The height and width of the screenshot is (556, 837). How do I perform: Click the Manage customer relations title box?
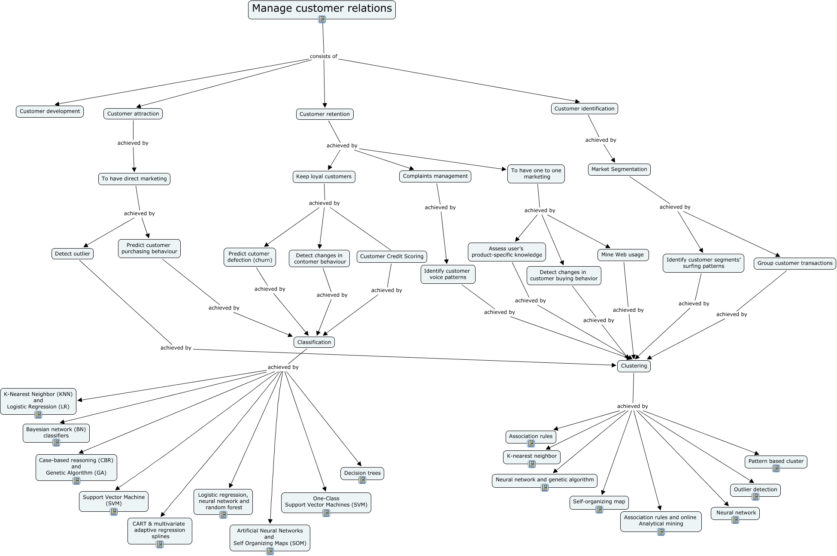click(x=321, y=9)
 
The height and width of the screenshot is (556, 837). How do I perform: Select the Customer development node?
click(x=50, y=112)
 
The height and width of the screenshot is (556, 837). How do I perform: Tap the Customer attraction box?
click(x=133, y=114)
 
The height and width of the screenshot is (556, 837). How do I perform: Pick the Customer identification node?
click(x=584, y=109)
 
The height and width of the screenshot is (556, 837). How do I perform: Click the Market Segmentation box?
click(x=619, y=170)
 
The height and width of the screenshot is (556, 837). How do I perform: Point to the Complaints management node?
click(x=435, y=176)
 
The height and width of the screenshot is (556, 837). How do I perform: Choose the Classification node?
click(x=314, y=342)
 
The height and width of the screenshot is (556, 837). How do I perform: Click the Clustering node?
click(x=634, y=366)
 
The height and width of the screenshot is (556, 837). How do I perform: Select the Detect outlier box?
click(x=73, y=254)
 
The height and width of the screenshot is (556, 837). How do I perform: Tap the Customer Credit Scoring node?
click(x=391, y=257)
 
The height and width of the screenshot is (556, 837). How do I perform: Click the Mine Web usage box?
click(x=622, y=255)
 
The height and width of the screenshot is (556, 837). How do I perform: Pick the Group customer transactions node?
click(x=795, y=263)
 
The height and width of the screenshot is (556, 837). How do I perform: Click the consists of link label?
click(x=323, y=56)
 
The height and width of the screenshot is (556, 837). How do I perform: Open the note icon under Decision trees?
click(x=362, y=480)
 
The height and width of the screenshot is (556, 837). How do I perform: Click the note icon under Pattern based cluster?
click(x=776, y=468)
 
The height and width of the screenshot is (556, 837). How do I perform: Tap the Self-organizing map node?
click(x=599, y=502)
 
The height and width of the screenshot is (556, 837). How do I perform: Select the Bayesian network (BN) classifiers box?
click(x=56, y=432)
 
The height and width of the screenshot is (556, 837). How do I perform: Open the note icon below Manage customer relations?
click(x=322, y=19)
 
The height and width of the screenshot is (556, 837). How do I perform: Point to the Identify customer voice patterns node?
click(x=448, y=274)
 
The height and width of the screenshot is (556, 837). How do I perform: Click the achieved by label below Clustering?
click(x=632, y=406)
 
